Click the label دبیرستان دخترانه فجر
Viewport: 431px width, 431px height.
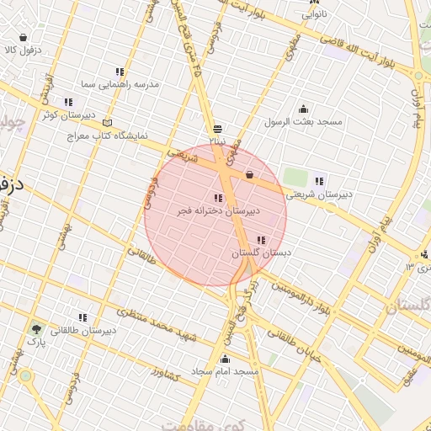[218, 211]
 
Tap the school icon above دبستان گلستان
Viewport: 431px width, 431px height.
[261, 241]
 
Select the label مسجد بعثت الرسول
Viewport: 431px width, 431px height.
[304, 122]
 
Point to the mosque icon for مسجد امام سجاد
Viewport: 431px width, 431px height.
[225, 360]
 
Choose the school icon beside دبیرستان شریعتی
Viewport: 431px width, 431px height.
[318, 180]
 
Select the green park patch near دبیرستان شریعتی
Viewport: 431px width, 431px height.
[295, 178]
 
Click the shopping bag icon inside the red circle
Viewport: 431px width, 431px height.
[249, 174]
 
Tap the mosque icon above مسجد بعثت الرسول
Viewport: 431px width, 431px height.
[303, 109]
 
